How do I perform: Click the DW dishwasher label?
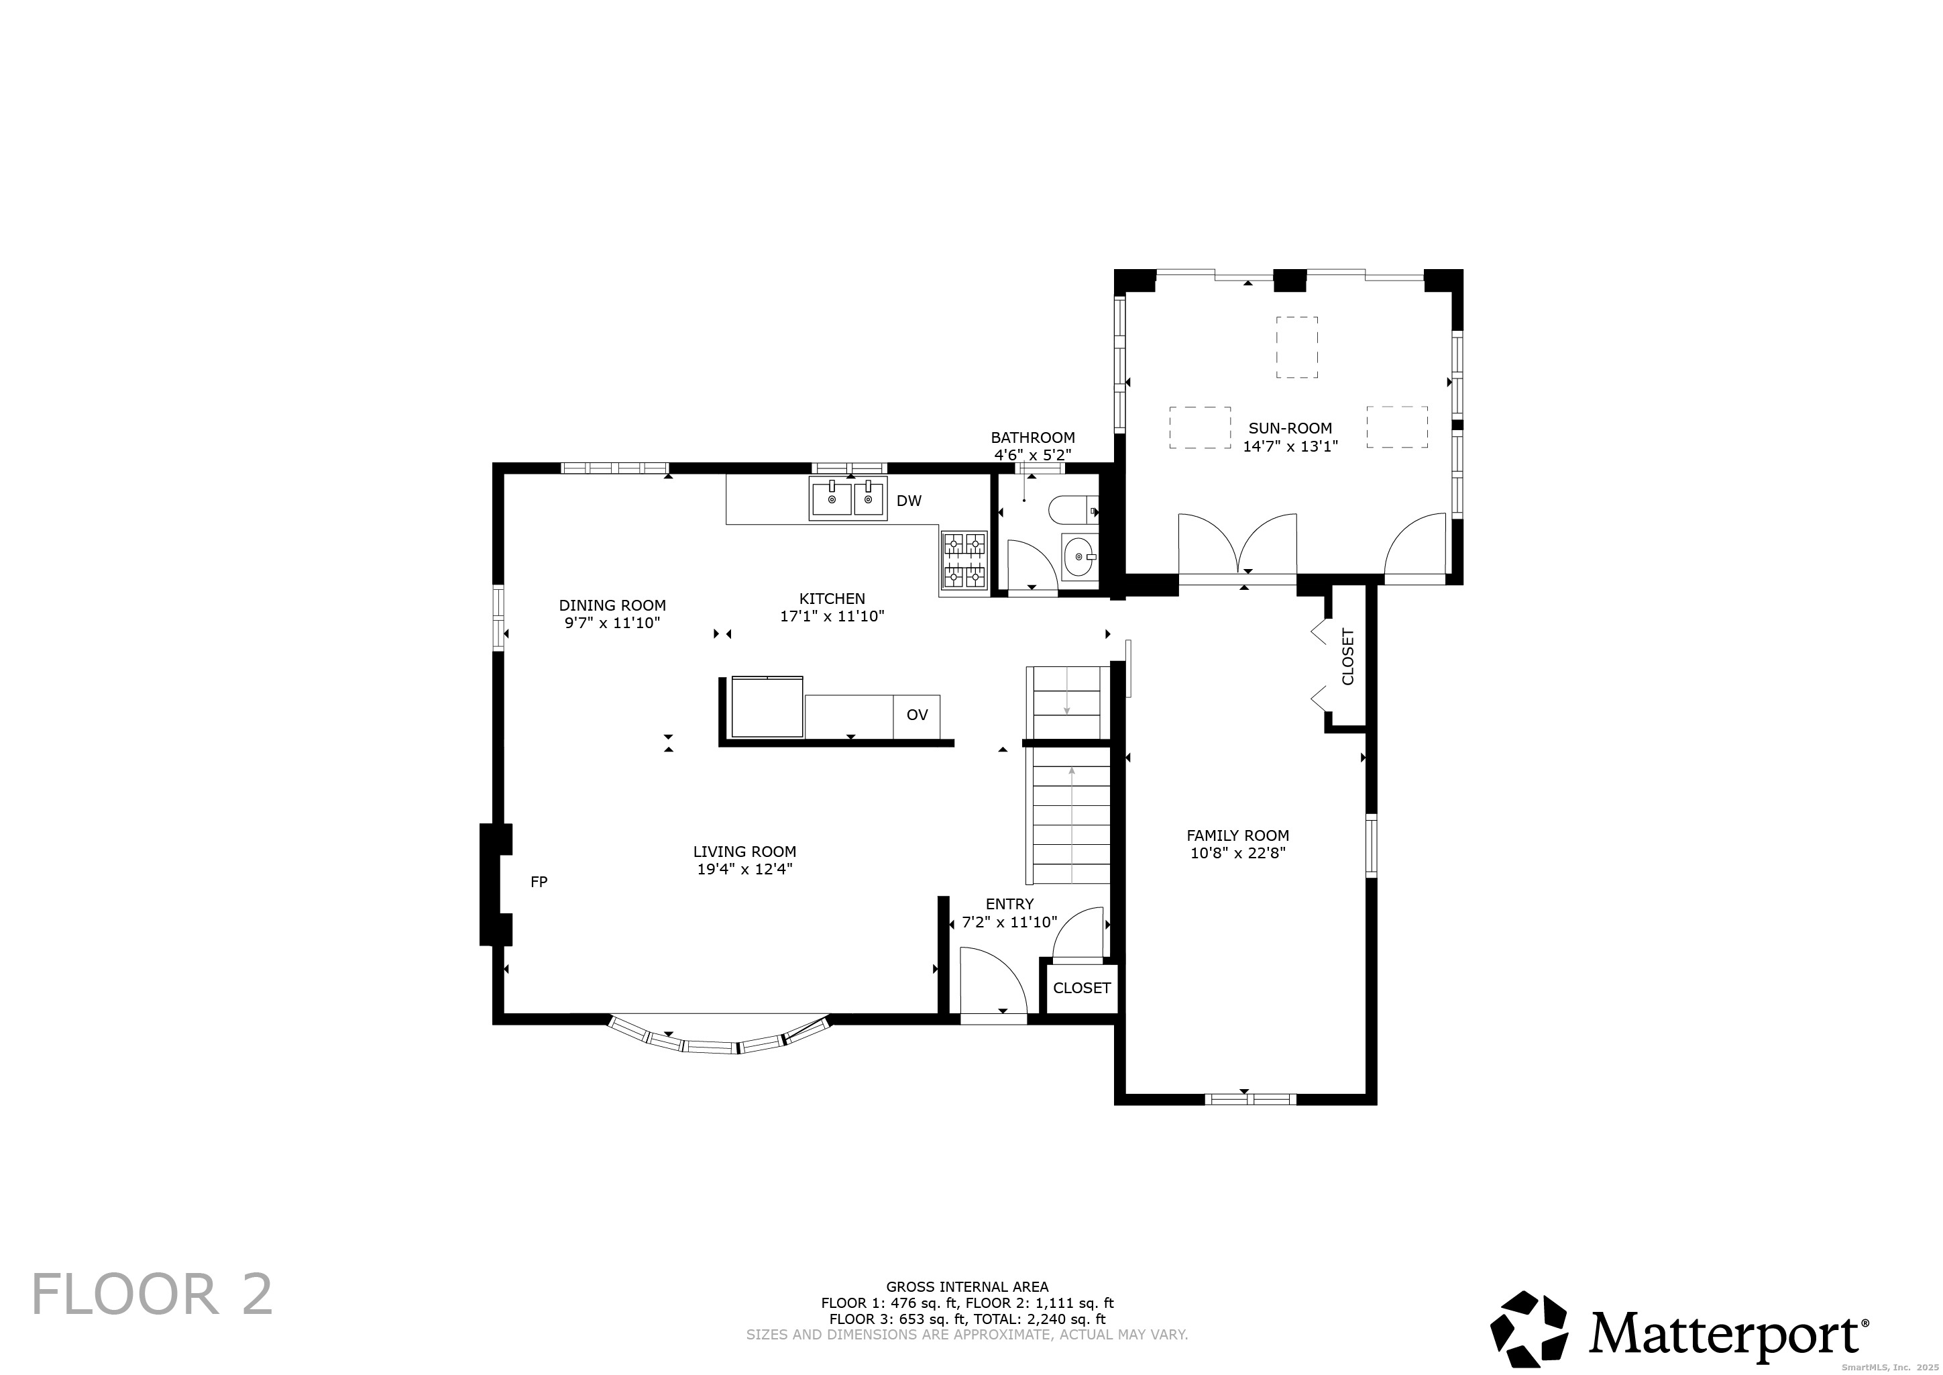click(x=909, y=501)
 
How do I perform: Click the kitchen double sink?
click(x=849, y=499)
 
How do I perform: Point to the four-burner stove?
click(x=964, y=560)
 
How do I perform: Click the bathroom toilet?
click(x=1073, y=510)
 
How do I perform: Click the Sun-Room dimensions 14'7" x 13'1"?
click(x=1290, y=446)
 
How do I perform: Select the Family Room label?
click(x=1238, y=835)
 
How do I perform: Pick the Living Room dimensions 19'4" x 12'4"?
click(x=744, y=869)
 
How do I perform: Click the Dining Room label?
click(x=613, y=605)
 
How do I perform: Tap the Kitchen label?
click(x=833, y=599)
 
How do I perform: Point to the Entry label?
click(x=1009, y=904)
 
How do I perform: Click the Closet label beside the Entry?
click(x=1082, y=988)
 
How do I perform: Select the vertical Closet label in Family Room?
click(x=1348, y=656)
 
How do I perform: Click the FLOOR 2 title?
click(x=152, y=1294)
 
